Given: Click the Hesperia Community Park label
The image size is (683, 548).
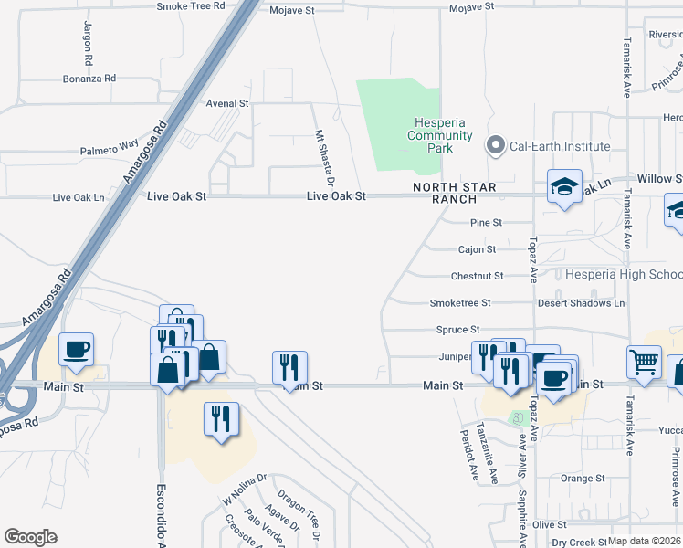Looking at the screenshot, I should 442,135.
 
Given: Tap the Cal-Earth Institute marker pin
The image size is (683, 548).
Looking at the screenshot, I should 496,145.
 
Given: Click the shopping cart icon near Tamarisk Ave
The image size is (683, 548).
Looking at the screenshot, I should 644,361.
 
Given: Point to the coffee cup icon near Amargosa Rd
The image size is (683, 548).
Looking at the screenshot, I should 76,348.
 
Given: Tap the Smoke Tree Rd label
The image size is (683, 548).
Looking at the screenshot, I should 190,6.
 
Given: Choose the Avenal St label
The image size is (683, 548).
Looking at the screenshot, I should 227,104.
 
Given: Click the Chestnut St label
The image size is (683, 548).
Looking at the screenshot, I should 477,276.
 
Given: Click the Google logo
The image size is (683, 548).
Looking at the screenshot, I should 30,537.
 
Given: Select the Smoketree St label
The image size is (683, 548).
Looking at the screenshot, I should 460,303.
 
